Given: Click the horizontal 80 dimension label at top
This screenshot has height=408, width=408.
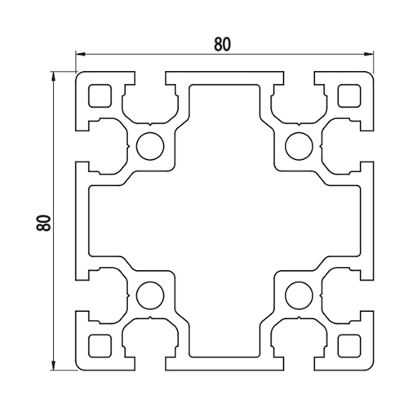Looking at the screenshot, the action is coord(222,44).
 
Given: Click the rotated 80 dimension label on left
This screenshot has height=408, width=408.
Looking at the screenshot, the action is coord(43,223).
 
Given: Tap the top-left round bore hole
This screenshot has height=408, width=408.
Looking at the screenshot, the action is coord(150,146).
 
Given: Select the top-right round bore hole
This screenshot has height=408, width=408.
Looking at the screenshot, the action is coord(299,146).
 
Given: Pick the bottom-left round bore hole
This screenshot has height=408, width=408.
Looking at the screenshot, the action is coord(150,295).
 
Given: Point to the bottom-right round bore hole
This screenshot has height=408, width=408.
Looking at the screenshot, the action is coord(299,295).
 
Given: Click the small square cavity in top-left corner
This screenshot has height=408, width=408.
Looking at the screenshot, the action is coord(100,95).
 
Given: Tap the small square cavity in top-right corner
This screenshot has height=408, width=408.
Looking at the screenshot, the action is coord(349,95).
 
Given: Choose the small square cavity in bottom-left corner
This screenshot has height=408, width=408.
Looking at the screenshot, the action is coord(100,346).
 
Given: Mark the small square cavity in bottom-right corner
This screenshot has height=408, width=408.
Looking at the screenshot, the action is coord(349,346).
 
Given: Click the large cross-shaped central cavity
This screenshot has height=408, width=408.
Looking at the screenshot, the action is coord(224,221).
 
